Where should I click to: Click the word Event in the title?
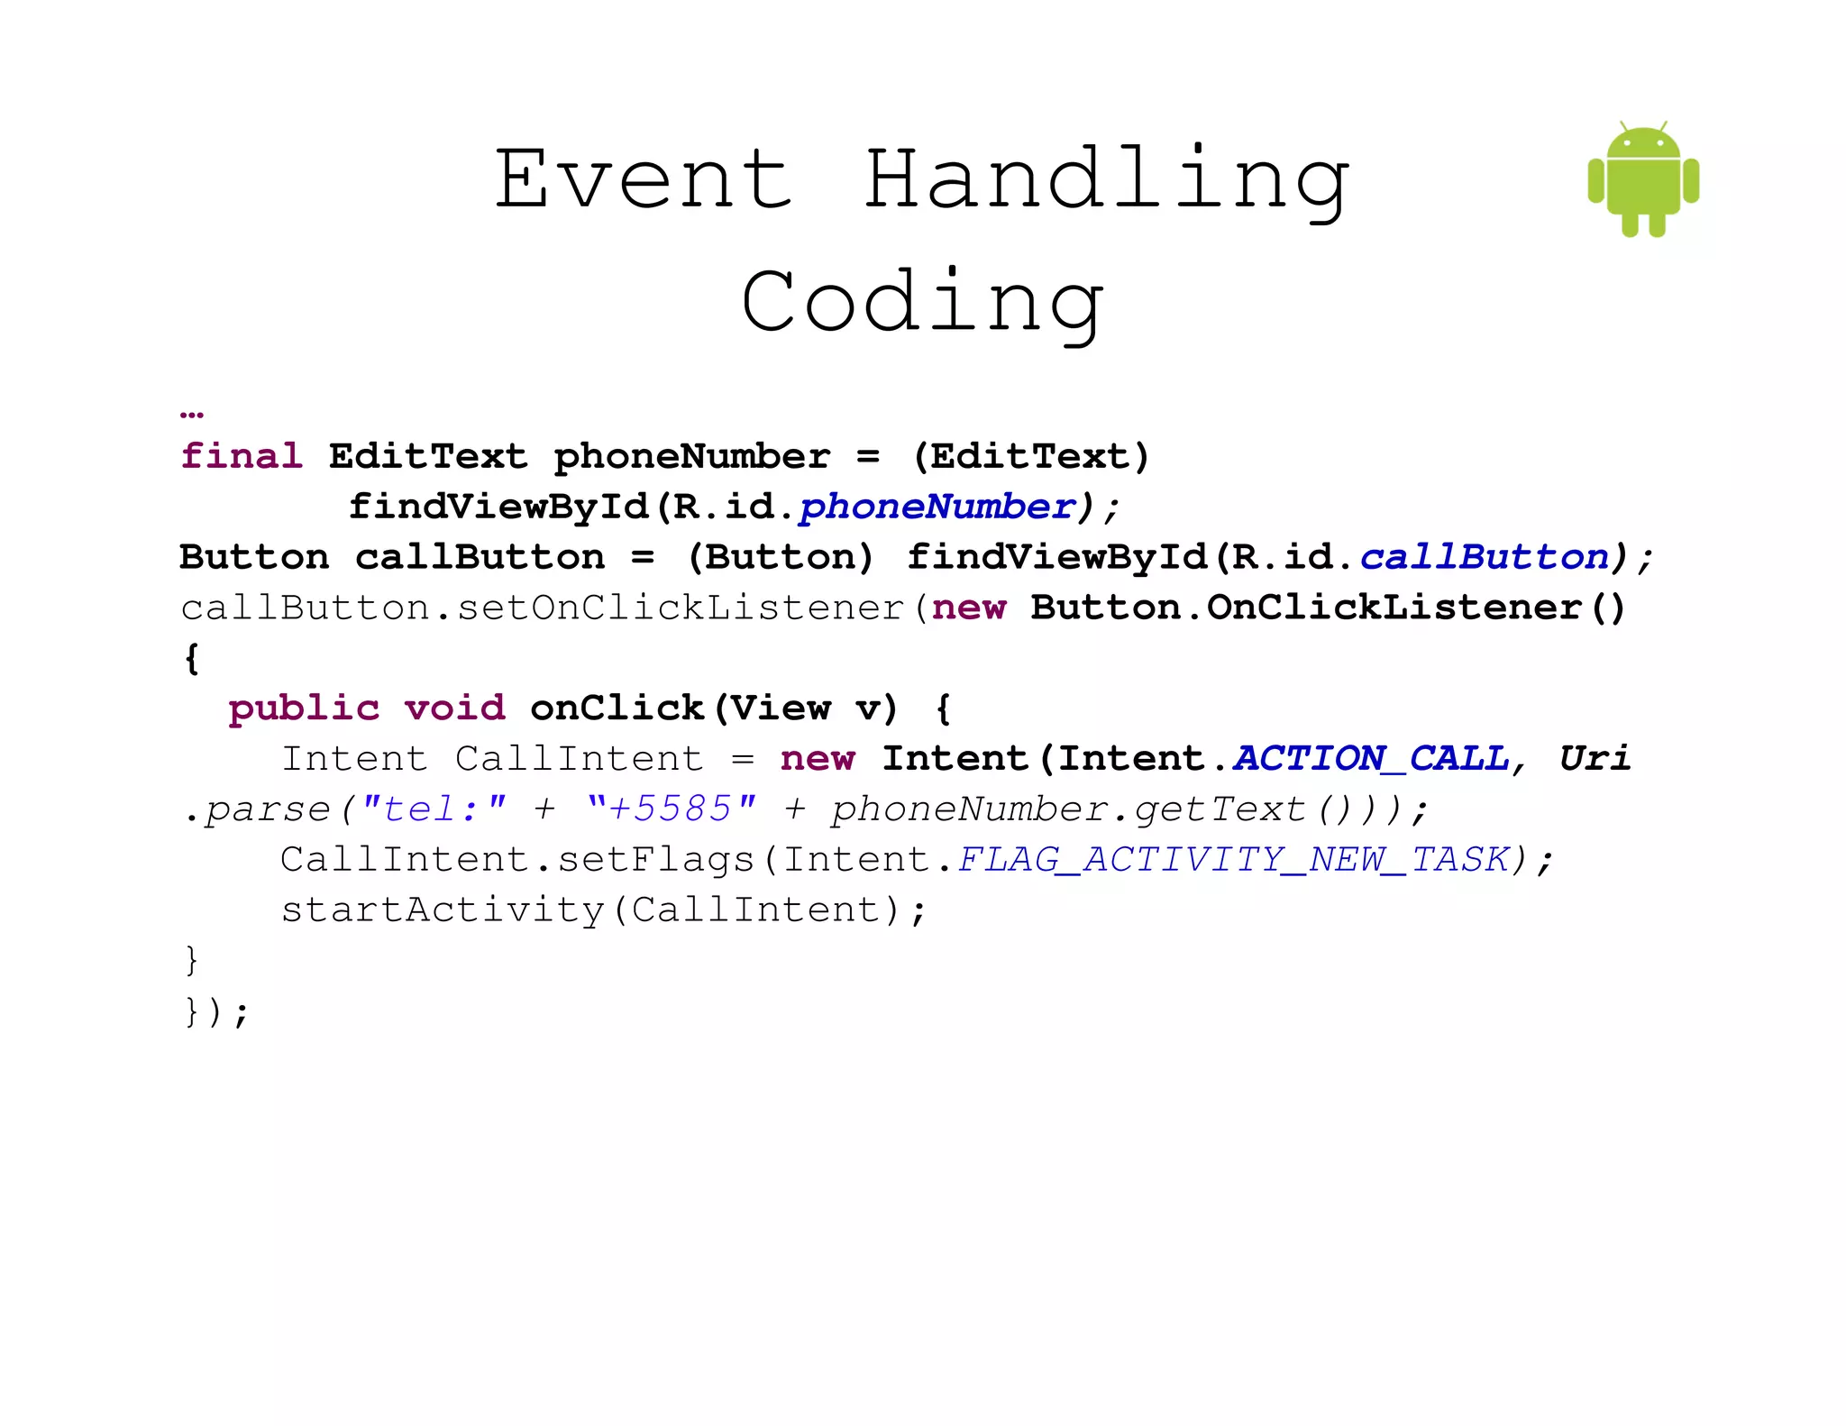[x=644, y=179]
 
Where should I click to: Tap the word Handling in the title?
[x=1106, y=181]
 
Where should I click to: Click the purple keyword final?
[x=242, y=456]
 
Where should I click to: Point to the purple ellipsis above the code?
[x=192, y=414]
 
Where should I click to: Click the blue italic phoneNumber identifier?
[x=937, y=507]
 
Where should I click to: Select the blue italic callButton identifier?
[x=1484, y=557]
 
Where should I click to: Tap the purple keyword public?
[x=304, y=708]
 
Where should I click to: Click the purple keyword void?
[x=454, y=708]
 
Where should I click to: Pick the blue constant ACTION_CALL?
[x=1370, y=758]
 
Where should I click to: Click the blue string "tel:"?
[x=434, y=809]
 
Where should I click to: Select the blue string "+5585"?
[x=671, y=809]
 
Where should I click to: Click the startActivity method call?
[x=442, y=910]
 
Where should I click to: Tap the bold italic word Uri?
[x=1595, y=758]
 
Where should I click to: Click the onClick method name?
[x=617, y=708]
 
